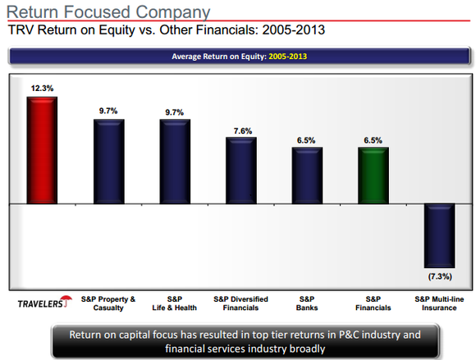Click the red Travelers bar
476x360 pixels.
42,150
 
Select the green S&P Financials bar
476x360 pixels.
373,175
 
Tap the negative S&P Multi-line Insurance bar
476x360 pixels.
439,235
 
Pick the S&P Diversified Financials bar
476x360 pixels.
241,171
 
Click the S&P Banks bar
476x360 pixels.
307,175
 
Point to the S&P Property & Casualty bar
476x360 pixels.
108,162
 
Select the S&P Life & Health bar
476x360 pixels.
175,162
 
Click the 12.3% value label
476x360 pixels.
42,89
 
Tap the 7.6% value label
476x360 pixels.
243,131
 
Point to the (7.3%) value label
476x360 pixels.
440,276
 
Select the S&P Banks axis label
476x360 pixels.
307,303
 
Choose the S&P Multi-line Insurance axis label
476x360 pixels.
439,303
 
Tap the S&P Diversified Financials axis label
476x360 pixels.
240,303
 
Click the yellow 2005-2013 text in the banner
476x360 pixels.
288,57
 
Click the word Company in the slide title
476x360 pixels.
172,13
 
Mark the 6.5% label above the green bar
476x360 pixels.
373,140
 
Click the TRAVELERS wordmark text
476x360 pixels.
40,303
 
